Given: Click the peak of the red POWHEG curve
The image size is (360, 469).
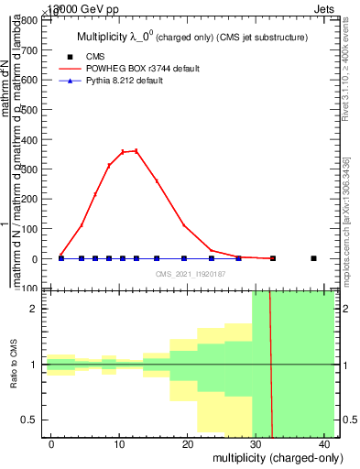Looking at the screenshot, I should (136, 150).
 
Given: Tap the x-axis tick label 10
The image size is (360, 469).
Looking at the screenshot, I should (119, 444).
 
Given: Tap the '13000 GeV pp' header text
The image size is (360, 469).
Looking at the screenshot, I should (65, 7).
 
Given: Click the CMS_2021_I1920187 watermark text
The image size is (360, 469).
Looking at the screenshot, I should (191, 274).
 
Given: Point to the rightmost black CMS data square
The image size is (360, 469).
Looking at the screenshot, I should (313, 258).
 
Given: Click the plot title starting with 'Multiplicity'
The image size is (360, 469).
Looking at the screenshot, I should (191, 38).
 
